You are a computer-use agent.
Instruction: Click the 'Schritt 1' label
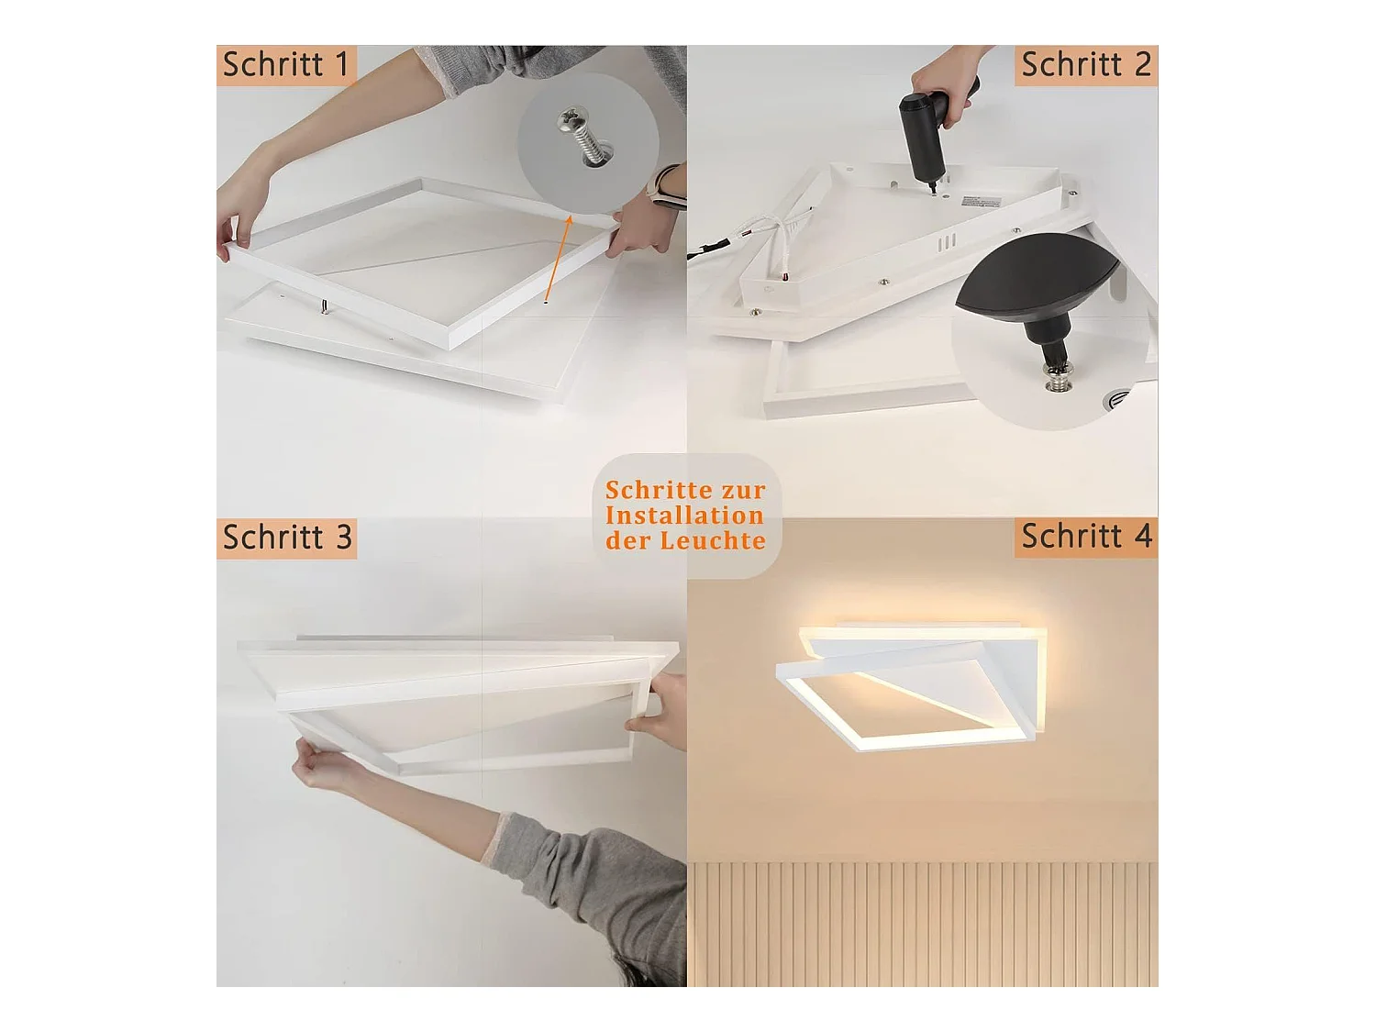coord(286,65)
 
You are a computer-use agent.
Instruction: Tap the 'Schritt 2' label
coord(1086,65)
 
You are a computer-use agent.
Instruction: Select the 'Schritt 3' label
coord(286,538)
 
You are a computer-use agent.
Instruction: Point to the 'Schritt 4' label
coord(1086,537)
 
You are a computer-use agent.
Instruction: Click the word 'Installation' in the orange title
coord(685,516)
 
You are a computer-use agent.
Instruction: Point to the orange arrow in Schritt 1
coord(558,258)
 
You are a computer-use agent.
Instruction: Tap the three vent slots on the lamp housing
coord(948,242)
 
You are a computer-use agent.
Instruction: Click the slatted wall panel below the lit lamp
coord(922,925)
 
